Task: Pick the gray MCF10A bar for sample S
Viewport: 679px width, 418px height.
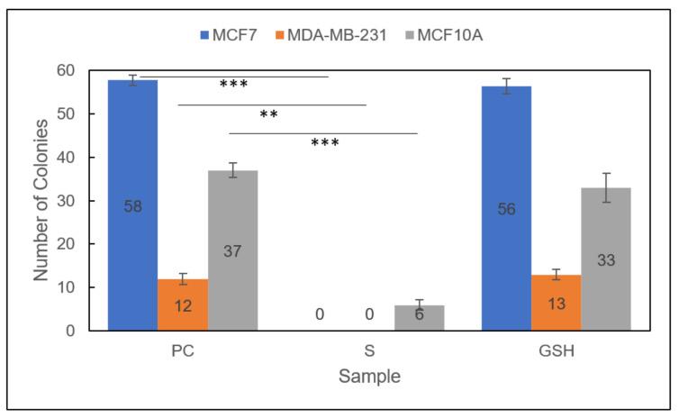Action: click(x=420, y=318)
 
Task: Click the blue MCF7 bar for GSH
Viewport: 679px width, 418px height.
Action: click(x=507, y=209)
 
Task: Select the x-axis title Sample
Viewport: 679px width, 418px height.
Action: click(x=369, y=377)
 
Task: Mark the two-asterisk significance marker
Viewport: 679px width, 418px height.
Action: click(x=267, y=114)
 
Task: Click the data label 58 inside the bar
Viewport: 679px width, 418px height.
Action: click(x=132, y=206)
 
